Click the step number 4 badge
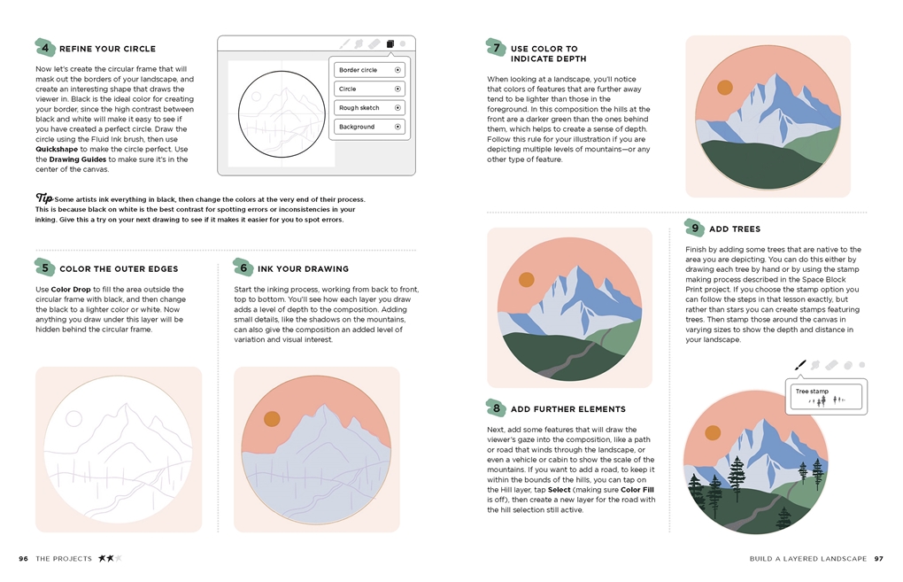44,48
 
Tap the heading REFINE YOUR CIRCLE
107,49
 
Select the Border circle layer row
369,70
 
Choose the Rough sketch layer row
369,108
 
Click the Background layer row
369,127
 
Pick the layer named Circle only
369,89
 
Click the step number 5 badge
44,268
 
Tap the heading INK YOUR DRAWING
303,268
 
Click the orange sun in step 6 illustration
272,418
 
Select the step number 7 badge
496,48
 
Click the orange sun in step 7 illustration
724,87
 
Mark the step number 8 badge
496,408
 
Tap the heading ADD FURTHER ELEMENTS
567,409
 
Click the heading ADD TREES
734,229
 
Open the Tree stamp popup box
827,396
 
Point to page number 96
24,559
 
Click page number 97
878,559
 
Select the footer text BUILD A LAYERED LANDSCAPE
807,559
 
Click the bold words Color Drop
71,290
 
